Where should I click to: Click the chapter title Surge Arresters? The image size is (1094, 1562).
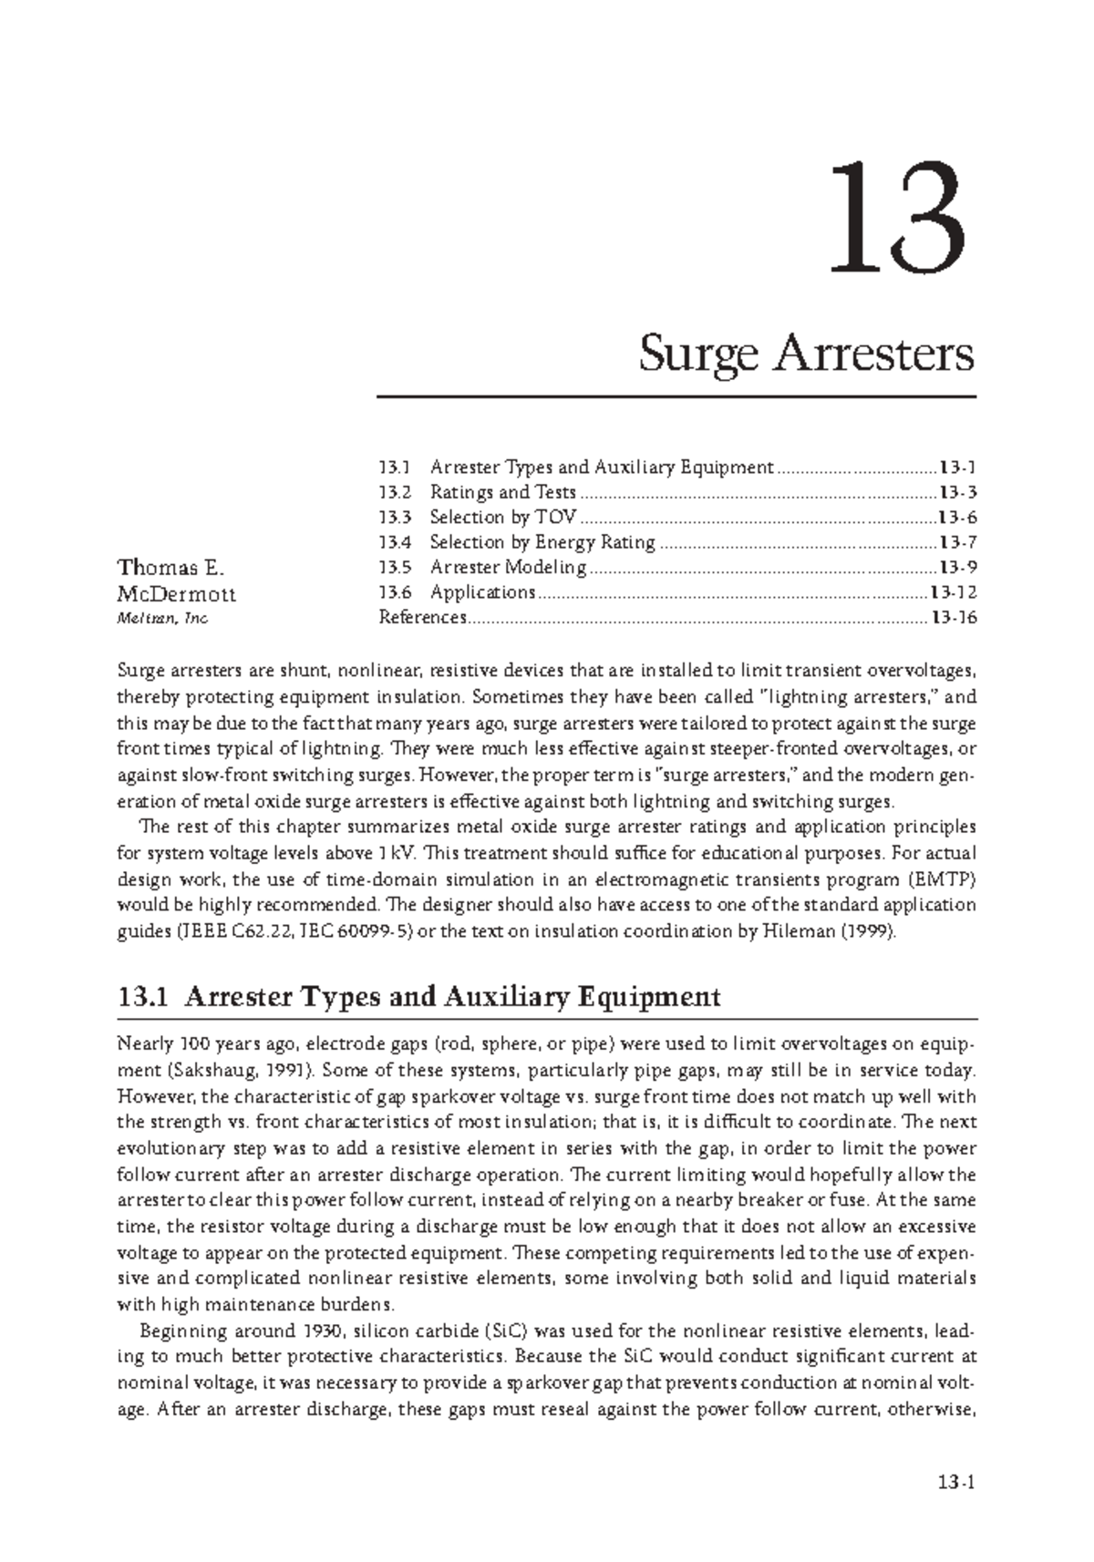pyautogui.click(x=806, y=355)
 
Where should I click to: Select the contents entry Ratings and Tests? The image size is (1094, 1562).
pyautogui.click(x=502, y=493)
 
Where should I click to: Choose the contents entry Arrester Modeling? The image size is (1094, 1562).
pyautogui.click(x=508, y=568)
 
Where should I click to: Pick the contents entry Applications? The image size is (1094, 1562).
pyautogui.click(x=482, y=592)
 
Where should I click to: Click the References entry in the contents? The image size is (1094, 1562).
pyautogui.click(x=422, y=618)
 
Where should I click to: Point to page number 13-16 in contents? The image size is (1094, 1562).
pyautogui.click(x=953, y=618)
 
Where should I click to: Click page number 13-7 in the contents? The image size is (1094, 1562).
pyautogui.click(x=957, y=543)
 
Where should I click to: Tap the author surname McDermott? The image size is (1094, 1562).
pyautogui.click(x=176, y=594)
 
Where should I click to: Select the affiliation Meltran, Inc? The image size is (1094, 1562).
pyautogui.click(x=162, y=619)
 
